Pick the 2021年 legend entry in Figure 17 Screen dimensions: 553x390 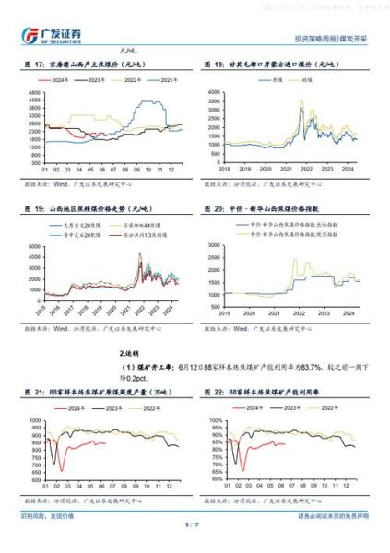[x=163, y=81]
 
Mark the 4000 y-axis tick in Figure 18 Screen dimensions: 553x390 [x=213, y=93]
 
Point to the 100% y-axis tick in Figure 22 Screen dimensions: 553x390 [x=213, y=416]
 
